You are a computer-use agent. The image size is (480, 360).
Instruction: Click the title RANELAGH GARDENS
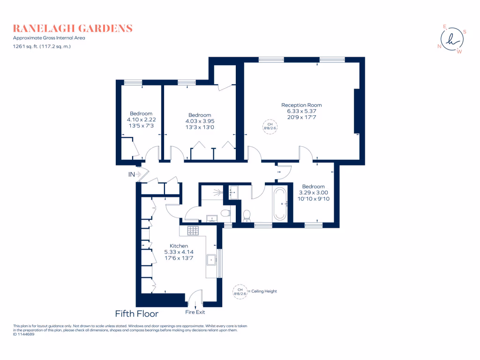point(73,29)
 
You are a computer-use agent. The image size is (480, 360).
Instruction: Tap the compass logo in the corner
point(451,39)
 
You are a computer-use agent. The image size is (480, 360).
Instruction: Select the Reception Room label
point(301,105)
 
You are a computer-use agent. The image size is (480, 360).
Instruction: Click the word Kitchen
point(179,246)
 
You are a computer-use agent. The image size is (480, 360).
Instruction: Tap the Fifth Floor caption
point(136,314)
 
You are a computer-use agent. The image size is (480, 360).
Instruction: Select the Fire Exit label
point(195,312)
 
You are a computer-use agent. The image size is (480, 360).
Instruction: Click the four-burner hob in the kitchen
point(193,230)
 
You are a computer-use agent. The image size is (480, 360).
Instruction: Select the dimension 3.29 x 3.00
point(314,192)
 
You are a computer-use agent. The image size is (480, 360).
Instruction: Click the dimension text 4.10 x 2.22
point(141,120)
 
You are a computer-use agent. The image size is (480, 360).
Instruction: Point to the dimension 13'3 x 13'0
point(200,127)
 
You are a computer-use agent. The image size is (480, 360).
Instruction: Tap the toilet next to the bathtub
point(247,215)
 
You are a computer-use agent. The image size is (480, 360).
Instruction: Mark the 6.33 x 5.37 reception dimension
point(301,111)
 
